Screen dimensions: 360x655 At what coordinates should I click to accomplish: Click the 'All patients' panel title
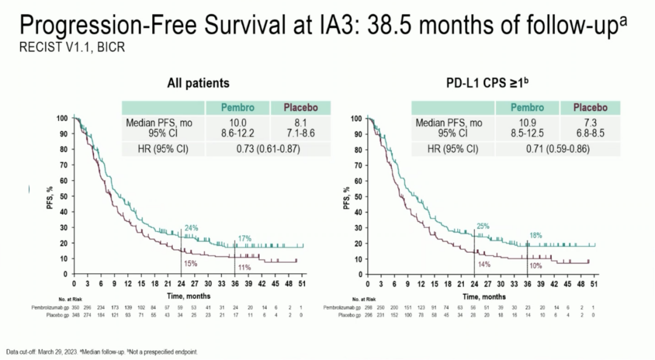198,83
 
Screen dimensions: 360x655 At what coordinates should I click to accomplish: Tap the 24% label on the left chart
192,228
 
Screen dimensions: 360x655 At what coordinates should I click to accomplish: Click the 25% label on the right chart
483,226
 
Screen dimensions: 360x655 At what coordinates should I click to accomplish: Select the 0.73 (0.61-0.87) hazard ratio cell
268,149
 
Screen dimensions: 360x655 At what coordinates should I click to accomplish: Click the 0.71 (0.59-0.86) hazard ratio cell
557,149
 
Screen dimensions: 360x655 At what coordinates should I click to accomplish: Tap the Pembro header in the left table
238,108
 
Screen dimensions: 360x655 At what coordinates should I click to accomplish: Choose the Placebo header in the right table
591,108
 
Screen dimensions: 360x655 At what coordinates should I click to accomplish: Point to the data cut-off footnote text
102,352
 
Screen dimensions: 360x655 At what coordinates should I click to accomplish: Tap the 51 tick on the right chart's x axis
595,284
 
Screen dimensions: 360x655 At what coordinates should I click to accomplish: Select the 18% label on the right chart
536,235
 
